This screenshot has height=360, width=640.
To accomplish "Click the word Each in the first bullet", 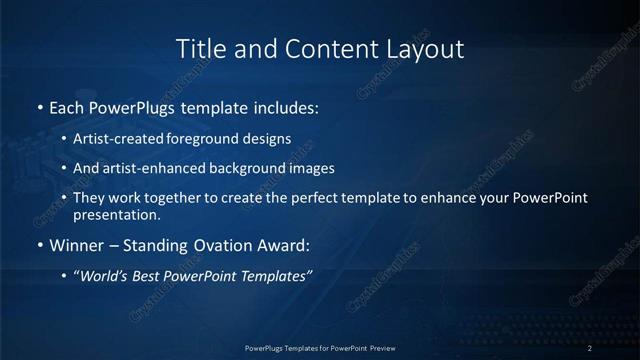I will pos(67,105).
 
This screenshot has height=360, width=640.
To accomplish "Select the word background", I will pos(244,168).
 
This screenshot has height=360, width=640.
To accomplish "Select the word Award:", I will pos(284,245).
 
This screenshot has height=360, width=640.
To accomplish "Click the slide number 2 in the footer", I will pos(590,347).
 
